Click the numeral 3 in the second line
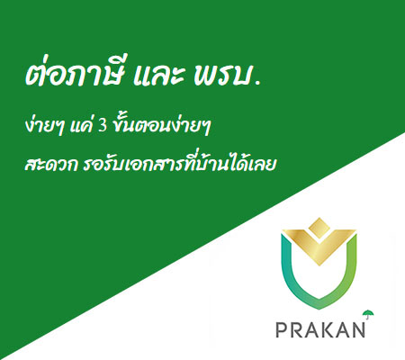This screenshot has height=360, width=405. (103, 127)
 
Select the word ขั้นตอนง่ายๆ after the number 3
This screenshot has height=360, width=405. (161, 126)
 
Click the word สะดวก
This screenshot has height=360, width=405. (51, 166)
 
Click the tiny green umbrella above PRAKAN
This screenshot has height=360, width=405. (368, 314)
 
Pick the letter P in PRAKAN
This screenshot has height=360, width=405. (281, 329)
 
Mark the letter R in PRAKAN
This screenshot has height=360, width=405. (296, 329)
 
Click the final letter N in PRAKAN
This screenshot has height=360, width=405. (358, 329)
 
